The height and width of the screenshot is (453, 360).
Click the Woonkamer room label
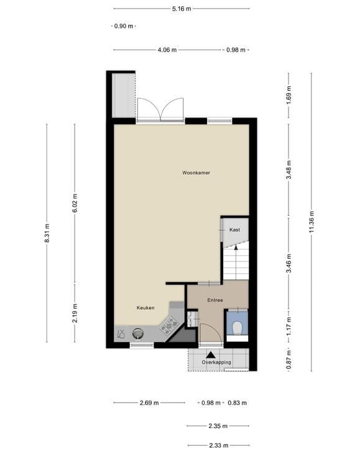(x=196, y=172)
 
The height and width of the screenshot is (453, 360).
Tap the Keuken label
(x=145, y=307)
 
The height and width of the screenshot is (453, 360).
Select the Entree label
(x=215, y=300)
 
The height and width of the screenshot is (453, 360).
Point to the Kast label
(x=234, y=230)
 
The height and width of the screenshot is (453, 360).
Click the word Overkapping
(x=216, y=362)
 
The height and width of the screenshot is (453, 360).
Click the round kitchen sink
(x=139, y=334)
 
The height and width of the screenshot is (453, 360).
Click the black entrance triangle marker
(x=202, y=355)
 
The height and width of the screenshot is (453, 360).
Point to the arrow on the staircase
(x=235, y=247)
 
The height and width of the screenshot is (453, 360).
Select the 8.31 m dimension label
(x=47, y=233)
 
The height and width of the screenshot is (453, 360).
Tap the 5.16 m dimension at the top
(x=181, y=9)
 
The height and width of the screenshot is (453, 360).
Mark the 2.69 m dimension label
(x=149, y=403)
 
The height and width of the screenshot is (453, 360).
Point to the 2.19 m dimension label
(x=75, y=311)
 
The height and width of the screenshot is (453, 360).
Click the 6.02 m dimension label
(x=75, y=203)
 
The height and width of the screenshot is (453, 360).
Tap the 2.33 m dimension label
(x=218, y=445)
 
